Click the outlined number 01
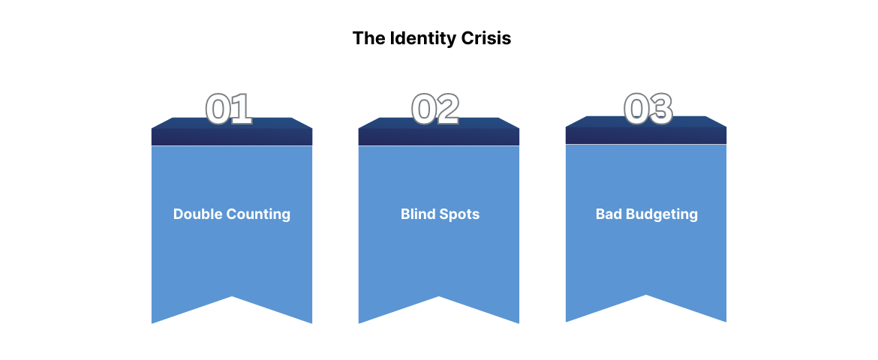tap(229, 109)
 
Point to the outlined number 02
tap(435, 109)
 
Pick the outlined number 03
tap(648, 109)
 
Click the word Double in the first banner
tap(198, 214)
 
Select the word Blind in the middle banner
tap(417, 214)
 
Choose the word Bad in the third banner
tap(609, 214)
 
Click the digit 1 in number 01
tap(241, 109)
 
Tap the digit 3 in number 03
tap(660, 109)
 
